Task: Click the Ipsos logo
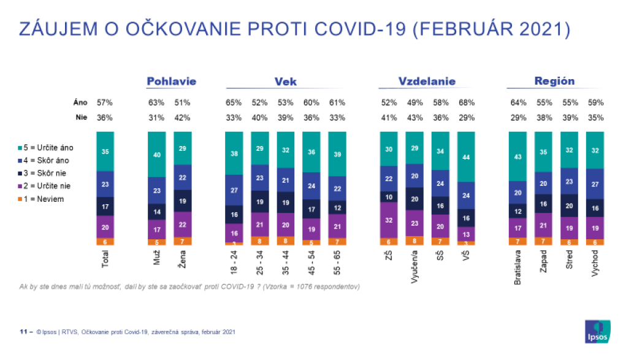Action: [x=598, y=332]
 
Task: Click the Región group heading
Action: [x=554, y=81]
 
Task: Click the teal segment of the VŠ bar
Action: [x=465, y=156]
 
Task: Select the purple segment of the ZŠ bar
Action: [x=389, y=220]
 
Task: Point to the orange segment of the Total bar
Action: [x=105, y=242]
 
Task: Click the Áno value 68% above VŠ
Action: [x=466, y=102]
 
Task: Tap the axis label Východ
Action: [x=594, y=264]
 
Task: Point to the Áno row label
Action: [x=80, y=102]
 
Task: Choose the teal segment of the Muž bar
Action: [x=157, y=155]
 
